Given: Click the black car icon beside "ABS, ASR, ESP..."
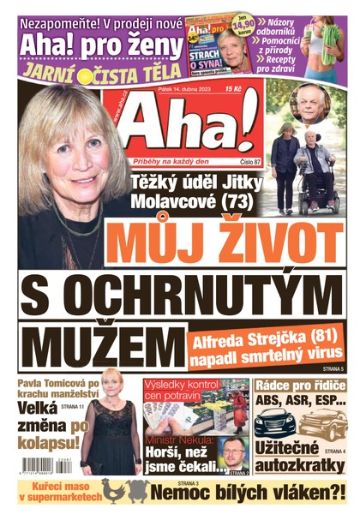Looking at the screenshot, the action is coord(274,422).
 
